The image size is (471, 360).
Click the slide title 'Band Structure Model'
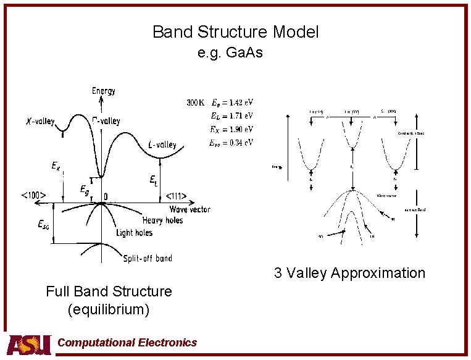pos(235,32)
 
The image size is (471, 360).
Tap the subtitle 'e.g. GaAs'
pos(230,52)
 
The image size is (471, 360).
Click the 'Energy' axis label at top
pos(103,91)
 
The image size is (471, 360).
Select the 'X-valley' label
pos(40,121)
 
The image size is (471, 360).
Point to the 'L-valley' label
pos(162,145)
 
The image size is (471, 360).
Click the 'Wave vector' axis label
pos(189,209)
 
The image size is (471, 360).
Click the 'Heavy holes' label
pos(162,220)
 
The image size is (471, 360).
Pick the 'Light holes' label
pos(134,233)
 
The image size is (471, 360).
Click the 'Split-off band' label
pos(148,258)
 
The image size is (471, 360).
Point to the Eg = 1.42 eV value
pos(232,103)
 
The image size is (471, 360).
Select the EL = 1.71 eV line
pos(232,115)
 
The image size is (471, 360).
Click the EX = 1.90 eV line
pos(232,129)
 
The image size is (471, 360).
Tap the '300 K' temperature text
pos(197,103)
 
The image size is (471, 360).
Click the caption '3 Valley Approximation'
pos(349,273)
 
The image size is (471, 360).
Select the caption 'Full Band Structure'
pos(109,291)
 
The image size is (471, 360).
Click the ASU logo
pos(28,344)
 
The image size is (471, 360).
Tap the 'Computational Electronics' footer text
pos(127,343)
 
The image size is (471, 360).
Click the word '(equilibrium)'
pos(109,309)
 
